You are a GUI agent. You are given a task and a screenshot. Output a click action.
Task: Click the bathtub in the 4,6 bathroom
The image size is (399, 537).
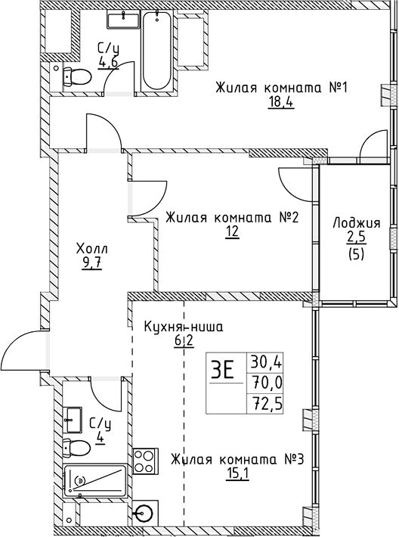pyautogui.click(x=156, y=52)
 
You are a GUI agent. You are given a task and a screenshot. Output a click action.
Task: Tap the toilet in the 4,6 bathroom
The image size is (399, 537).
pyautogui.click(x=72, y=75)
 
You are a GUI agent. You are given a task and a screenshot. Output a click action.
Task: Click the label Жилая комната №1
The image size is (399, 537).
pyautogui.click(x=259, y=87)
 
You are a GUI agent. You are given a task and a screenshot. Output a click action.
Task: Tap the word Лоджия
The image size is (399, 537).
pyautogui.click(x=356, y=223)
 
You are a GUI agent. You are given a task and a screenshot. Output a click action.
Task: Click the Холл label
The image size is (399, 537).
pyautogui.click(x=71, y=249)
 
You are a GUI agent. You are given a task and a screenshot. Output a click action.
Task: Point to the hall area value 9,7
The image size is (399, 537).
pyautogui.click(x=71, y=264)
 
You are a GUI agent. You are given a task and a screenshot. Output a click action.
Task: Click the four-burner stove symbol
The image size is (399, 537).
pyautogui.click(x=144, y=460)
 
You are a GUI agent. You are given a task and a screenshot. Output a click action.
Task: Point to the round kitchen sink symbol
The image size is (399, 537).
pyautogui.click(x=143, y=514)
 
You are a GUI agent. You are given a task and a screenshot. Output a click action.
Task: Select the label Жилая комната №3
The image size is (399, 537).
pyautogui.click(x=237, y=460)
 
